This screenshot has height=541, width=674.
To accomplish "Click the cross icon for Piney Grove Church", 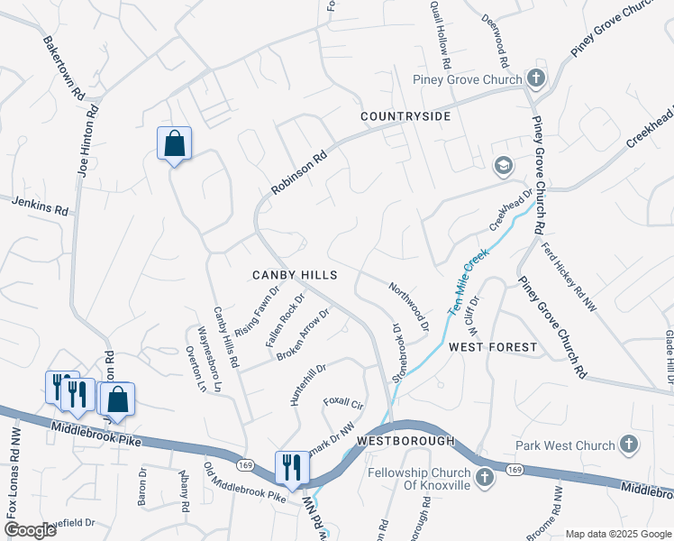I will click(x=536, y=78).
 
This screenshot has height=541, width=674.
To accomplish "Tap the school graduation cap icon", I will click(x=503, y=165).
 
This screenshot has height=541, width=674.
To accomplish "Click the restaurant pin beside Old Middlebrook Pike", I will click(x=291, y=467).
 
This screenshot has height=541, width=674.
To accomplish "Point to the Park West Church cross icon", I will click(x=628, y=445).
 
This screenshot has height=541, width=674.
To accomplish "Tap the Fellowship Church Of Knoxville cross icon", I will click(x=484, y=477).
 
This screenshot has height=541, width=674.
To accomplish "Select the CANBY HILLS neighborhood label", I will click(x=295, y=275).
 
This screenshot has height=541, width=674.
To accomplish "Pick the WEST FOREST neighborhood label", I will click(x=492, y=347).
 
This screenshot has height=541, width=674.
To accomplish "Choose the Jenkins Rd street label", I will click(x=41, y=206).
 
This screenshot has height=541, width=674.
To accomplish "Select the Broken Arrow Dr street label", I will click(x=303, y=335).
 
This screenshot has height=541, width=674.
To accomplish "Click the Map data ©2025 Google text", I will click(x=618, y=534).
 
